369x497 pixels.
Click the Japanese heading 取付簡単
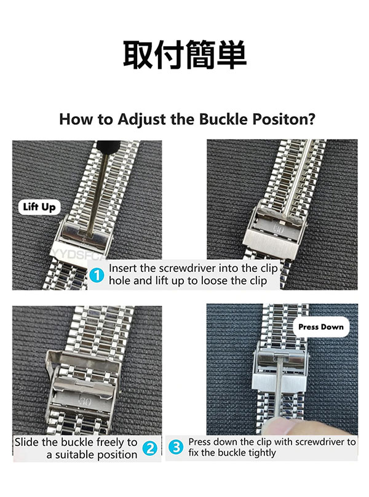pyautogui.click(x=184, y=55)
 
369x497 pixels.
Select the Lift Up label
pyautogui.click(x=39, y=207)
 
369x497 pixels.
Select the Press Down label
pyautogui.click(x=321, y=327)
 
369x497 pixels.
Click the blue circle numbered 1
pyautogui.click(x=97, y=275)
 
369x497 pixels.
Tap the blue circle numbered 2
pyautogui.click(x=150, y=448)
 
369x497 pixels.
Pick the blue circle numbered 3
pyautogui.click(x=176, y=447)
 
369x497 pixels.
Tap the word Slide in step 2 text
pyautogui.click(x=26, y=442)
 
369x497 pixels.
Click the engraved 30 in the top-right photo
pyautogui.click(x=278, y=230)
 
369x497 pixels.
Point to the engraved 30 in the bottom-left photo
pyautogui.click(x=85, y=402)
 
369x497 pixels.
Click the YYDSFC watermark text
pyautogui.click(x=77, y=254)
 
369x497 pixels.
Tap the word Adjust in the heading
pyautogui.click(x=142, y=120)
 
